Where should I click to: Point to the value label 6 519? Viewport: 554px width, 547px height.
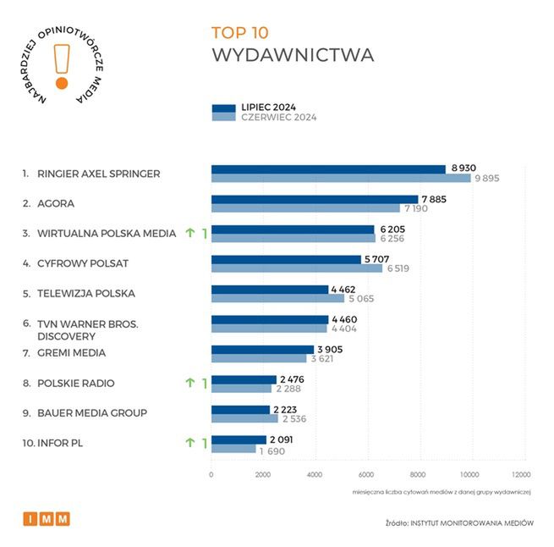[x=403, y=268]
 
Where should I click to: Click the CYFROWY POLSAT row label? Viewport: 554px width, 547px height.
[x=82, y=263]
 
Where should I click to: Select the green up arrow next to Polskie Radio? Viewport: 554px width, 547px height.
[x=190, y=384]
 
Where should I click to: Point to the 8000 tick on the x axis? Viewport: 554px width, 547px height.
[x=418, y=475]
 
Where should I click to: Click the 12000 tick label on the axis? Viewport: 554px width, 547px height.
[x=521, y=475]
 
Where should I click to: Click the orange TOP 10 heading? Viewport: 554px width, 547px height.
[x=239, y=33]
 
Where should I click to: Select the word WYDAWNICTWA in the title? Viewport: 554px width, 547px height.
[x=292, y=56]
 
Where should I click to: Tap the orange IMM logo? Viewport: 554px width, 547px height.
[x=47, y=518]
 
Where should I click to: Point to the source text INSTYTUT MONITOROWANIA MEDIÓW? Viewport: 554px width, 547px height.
[x=472, y=522]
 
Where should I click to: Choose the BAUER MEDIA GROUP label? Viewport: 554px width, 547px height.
[x=91, y=412]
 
